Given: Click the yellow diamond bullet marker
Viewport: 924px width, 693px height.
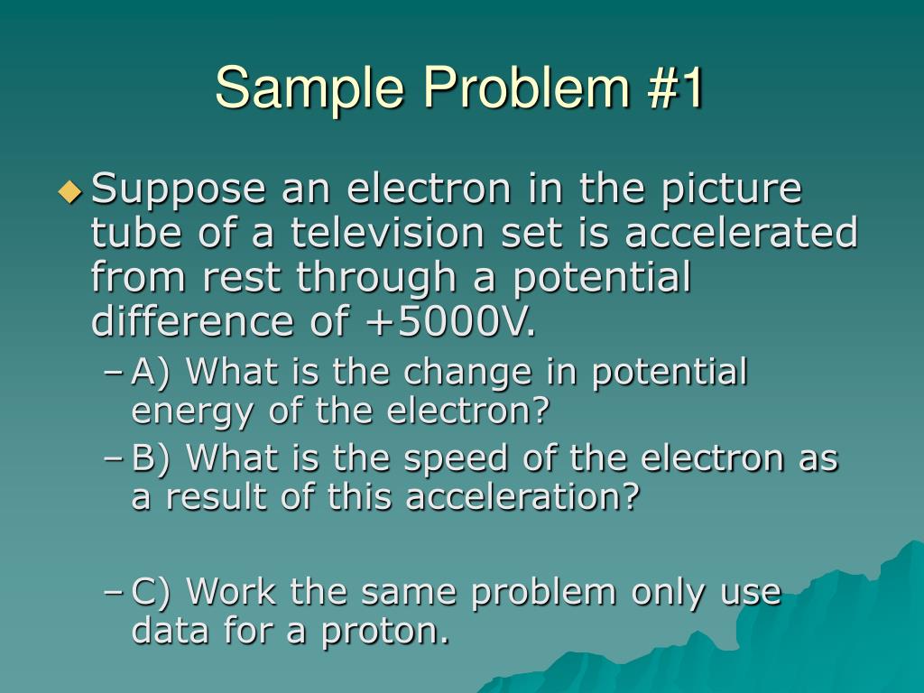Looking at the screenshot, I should (69, 190).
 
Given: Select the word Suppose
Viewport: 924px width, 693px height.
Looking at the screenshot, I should (180, 191).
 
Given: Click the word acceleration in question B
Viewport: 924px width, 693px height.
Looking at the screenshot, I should (522, 497).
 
